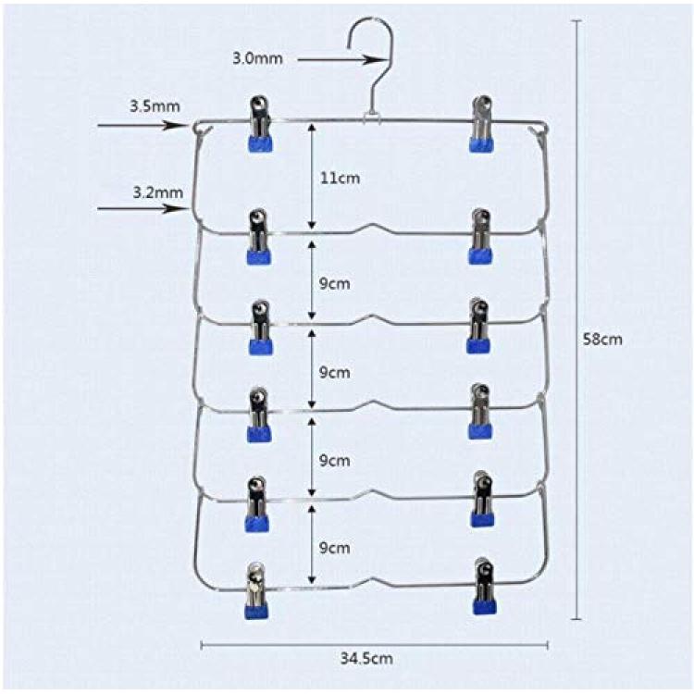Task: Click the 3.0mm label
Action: point(257,58)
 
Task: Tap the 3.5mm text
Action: point(155,106)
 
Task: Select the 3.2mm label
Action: point(158,192)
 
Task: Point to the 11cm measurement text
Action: point(340,178)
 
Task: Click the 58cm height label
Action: point(602,340)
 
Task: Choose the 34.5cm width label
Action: point(366,659)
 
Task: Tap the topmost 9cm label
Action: point(335,284)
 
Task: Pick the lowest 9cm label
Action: point(335,548)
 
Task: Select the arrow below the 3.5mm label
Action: point(142,125)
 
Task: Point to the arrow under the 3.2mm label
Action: point(142,207)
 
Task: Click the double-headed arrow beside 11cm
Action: point(312,176)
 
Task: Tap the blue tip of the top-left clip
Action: point(260,143)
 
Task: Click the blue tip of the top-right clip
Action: point(481,144)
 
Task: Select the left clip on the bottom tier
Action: point(256,590)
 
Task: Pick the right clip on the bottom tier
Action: point(484,587)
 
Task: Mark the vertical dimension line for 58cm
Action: point(576,319)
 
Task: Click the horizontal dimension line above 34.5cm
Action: point(375,645)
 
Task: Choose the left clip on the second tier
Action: point(259,237)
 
